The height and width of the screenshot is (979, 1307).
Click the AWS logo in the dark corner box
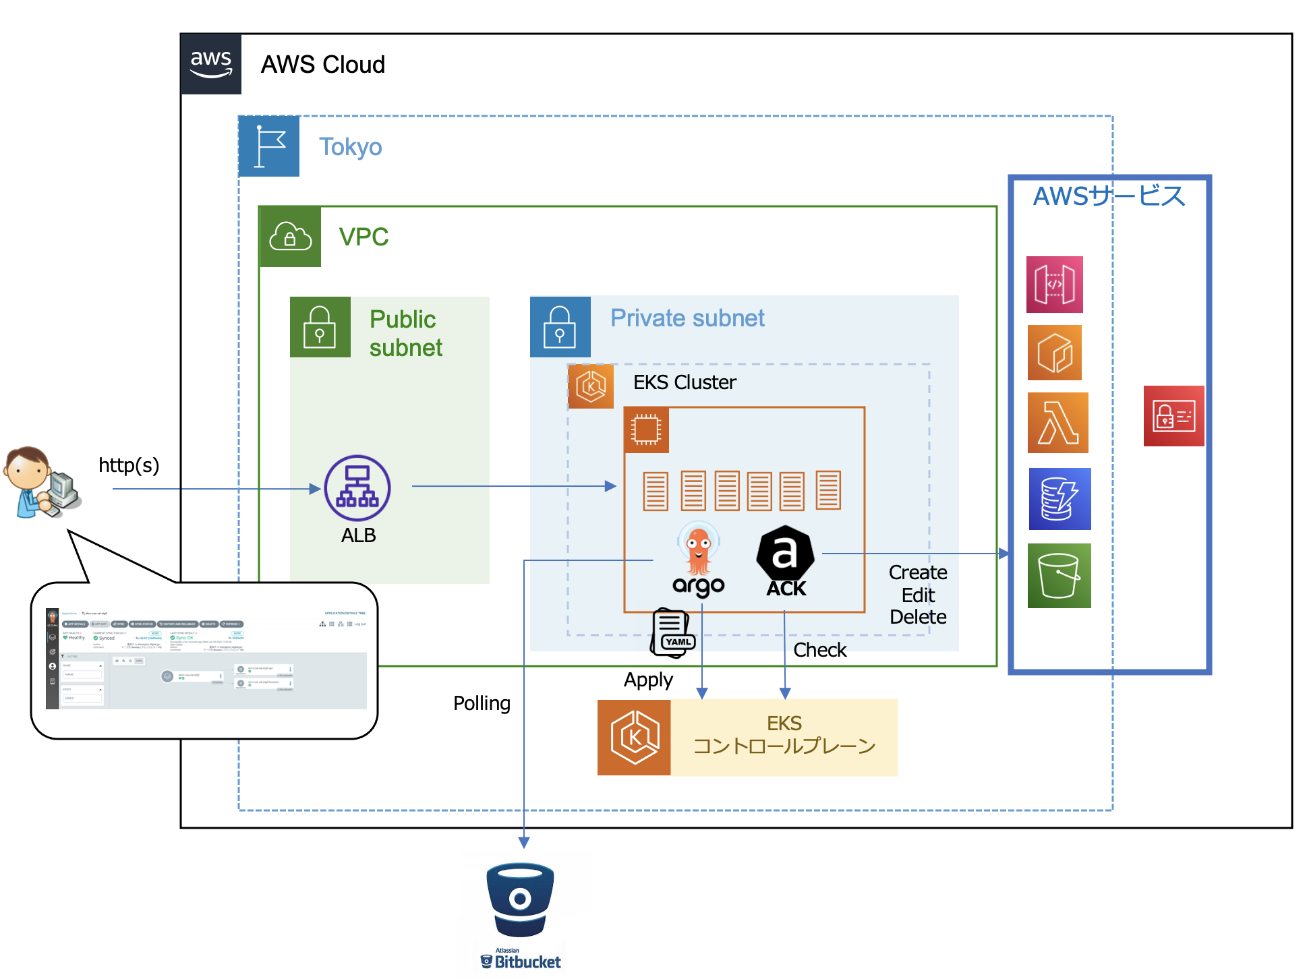(211, 64)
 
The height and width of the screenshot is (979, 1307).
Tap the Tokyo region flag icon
(269, 146)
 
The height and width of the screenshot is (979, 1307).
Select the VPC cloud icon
(290, 237)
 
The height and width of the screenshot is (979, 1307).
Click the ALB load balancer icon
(357, 488)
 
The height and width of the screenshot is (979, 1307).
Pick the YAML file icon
(672, 633)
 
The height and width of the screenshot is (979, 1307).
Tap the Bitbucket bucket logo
(520, 899)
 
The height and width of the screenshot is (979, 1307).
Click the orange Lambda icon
(1057, 423)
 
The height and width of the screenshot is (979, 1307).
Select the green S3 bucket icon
(1059, 576)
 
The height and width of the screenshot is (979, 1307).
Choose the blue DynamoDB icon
(1059, 499)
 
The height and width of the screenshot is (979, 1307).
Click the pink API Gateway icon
(1054, 285)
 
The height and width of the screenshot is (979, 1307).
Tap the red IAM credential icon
(1173, 416)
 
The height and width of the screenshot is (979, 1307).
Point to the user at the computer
(42, 482)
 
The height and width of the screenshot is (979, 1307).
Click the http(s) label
(129, 465)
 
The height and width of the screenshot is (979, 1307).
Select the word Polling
(482, 703)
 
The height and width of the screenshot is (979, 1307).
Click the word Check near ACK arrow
(819, 650)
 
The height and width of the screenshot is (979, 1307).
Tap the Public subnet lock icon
(320, 327)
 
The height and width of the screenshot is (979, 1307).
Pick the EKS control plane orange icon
(634, 738)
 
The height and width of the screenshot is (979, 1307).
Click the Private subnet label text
(687, 318)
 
